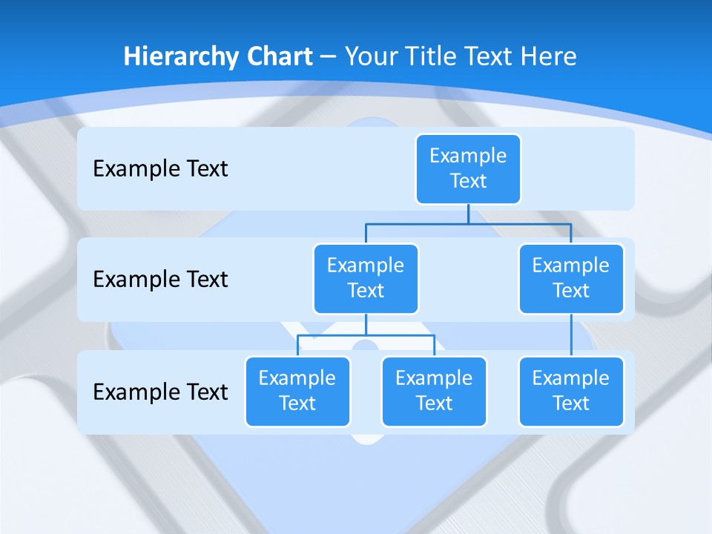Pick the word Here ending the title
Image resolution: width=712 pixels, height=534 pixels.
tap(549, 57)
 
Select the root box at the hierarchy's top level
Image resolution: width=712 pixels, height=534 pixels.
tap(468, 168)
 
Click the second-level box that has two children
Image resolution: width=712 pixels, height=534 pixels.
tap(366, 278)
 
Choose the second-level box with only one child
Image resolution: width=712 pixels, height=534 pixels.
tap(571, 278)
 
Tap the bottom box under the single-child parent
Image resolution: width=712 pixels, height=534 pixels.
tap(571, 391)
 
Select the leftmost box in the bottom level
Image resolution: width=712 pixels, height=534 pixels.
tap(297, 391)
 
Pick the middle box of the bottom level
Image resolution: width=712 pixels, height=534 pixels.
tap(434, 391)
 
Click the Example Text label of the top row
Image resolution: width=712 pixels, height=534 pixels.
tap(160, 168)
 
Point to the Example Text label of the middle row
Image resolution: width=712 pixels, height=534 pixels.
tap(160, 280)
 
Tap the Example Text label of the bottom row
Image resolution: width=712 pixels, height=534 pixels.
tap(160, 392)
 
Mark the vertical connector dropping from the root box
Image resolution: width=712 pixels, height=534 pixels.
tap(468, 214)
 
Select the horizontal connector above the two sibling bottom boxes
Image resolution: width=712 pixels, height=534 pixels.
tap(366, 335)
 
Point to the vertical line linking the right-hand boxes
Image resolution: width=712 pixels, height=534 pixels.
tap(571, 335)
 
